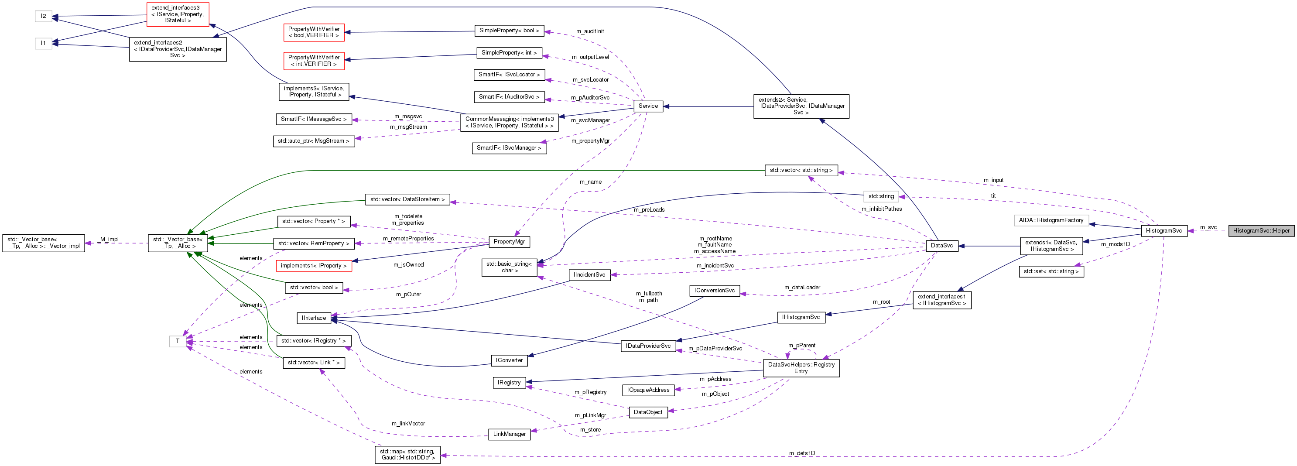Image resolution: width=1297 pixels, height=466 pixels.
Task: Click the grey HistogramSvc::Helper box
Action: click(1261, 231)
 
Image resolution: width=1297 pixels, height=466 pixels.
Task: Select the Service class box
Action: click(648, 106)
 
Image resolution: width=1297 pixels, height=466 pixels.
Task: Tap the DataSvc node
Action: click(941, 245)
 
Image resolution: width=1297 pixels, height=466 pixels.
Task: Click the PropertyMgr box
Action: click(509, 242)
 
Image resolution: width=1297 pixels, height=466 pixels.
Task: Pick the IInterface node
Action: click(314, 318)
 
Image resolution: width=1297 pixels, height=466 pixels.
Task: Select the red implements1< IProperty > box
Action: click(314, 265)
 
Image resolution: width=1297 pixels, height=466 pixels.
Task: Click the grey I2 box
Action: click(43, 16)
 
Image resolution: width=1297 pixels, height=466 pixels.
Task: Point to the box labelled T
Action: click(177, 341)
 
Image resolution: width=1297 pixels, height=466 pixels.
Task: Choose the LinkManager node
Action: click(509, 434)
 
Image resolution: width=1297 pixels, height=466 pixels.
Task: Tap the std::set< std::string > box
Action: click(1051, 271)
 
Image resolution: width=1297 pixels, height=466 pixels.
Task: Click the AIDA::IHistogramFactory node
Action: click(1051, 220)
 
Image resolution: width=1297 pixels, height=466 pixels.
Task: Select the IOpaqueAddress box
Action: click(648, 390)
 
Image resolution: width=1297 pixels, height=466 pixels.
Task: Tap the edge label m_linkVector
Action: click(408, 424)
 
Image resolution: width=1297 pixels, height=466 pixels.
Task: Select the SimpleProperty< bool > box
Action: click(509, 31)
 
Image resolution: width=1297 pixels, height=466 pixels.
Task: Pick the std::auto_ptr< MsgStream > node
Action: click(313, 141)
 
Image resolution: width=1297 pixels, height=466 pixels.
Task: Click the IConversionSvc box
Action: click(714, 291)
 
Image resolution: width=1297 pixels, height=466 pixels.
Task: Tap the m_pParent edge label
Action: click(801, 345)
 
